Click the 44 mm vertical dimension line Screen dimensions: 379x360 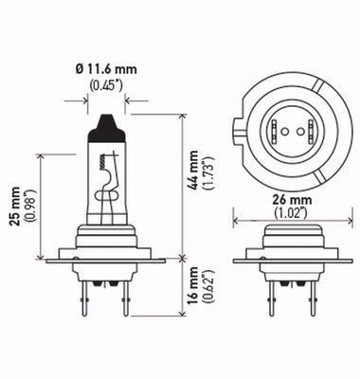click(x=179, y=189)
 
